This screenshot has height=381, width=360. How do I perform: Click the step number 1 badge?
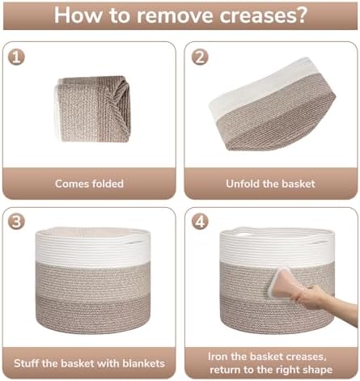(x=16, y=57)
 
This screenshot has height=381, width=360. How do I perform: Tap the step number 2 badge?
(x=200, y=57)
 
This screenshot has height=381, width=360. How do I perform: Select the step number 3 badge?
(x=16, y=222)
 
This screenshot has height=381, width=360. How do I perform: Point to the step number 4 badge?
(x=200, y=222)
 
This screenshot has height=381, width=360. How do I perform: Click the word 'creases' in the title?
(x=263, y=15)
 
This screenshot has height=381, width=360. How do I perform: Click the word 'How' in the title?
(x=78, y=15)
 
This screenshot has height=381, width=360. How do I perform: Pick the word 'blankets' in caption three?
(x=143, y=363)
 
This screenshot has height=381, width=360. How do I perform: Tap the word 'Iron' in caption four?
(x=218, y=357)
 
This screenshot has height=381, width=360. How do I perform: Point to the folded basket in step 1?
(x=93, y=109)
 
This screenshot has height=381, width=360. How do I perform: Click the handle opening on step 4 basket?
(x=244, y=234)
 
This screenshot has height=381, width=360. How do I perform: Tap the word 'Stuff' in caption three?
(x=27, y=363)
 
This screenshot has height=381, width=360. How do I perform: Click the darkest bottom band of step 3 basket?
(x=92, y=314)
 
